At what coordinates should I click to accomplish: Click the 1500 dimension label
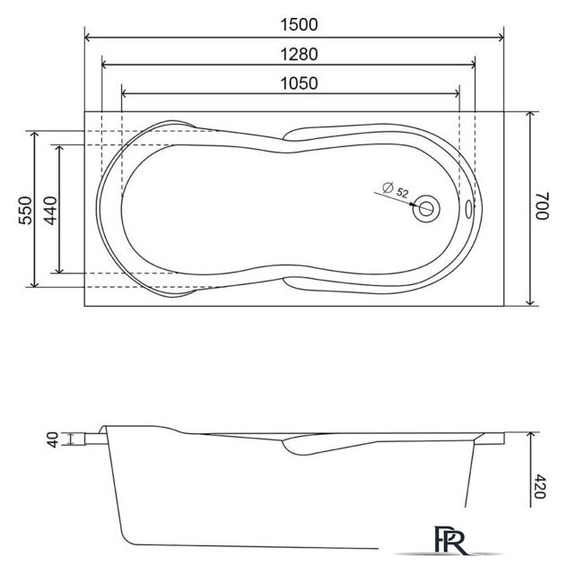point(299,25)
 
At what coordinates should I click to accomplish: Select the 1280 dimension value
point(299,55)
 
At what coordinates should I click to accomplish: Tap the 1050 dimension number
point(299,83)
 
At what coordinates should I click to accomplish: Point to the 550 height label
point(26,210)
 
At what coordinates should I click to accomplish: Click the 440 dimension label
point(50,211)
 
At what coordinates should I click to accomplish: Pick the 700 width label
point(543,205)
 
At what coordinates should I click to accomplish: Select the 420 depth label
point(539,486)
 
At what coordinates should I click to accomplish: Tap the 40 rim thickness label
point(53,439)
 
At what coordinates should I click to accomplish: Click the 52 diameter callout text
point(402,193)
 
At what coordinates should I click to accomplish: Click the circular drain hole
point(427,208)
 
